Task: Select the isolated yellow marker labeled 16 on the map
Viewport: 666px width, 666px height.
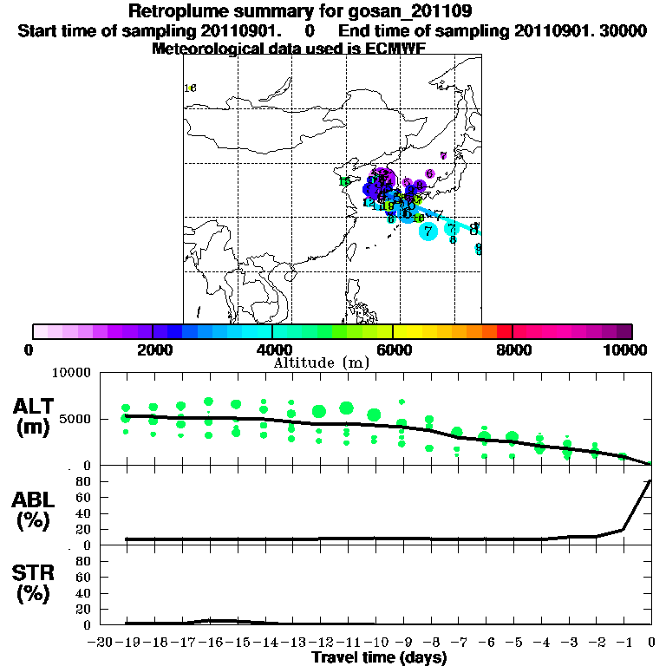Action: click(190, 88)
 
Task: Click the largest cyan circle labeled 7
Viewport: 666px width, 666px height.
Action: click(428, 231)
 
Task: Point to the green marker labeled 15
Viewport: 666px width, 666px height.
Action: click(344, 181)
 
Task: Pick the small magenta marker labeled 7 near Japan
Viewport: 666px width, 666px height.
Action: click(443, 156)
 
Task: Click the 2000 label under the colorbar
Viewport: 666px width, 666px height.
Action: click(152, 349)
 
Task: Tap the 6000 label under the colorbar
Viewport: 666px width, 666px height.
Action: click(392, 349)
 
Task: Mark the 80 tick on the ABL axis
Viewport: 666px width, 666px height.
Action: click(82, 480)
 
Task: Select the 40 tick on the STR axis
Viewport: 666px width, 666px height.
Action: click(82, 592)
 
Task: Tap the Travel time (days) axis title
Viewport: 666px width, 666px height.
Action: click(379, 657)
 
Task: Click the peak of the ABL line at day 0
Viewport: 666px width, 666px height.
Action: click(650, 480)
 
